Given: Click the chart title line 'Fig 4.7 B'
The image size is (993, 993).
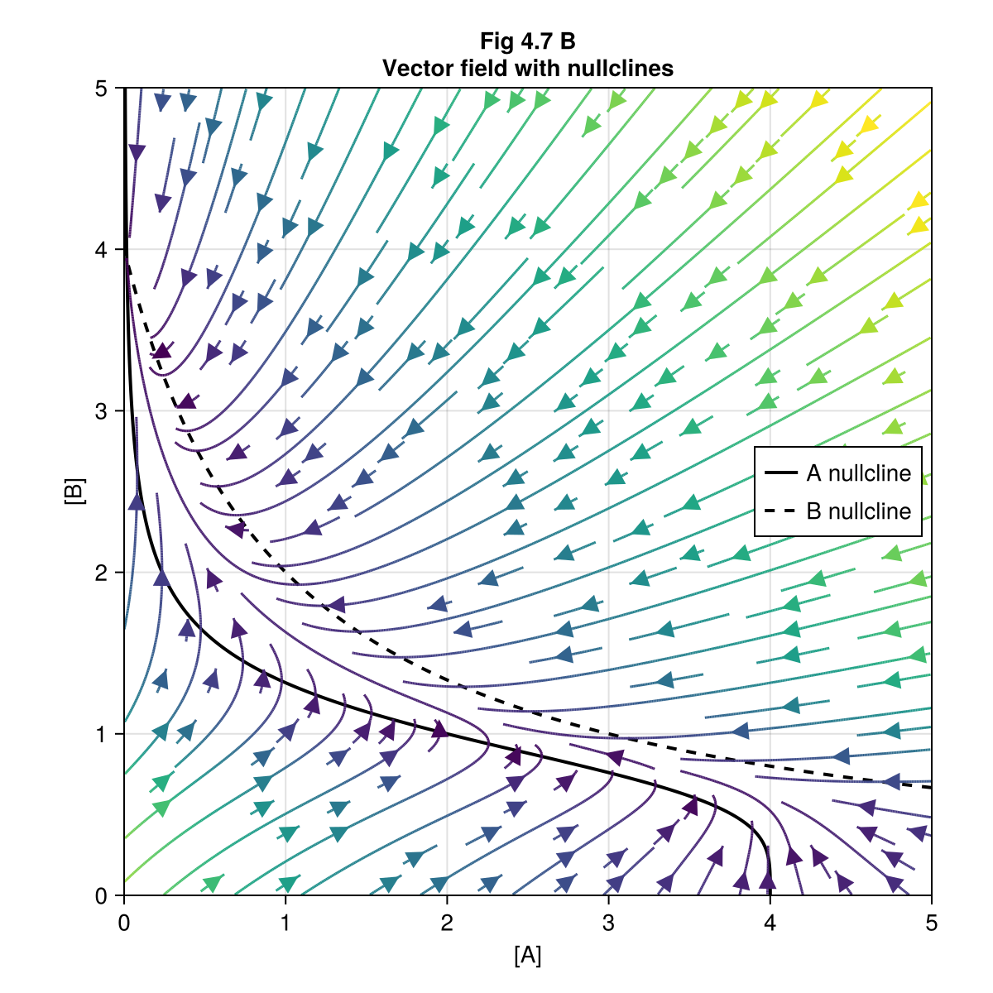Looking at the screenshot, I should point(527,41).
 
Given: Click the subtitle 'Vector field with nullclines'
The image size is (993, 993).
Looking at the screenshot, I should point(527,69).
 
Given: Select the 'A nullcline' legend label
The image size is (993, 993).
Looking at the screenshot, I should point(858,473).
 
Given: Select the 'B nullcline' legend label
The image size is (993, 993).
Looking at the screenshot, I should point(858,511).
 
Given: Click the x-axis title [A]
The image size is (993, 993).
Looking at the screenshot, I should point(527,956).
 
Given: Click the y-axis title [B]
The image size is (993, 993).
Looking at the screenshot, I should point(74,492).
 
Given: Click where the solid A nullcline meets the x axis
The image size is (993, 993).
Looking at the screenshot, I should point(770,895).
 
